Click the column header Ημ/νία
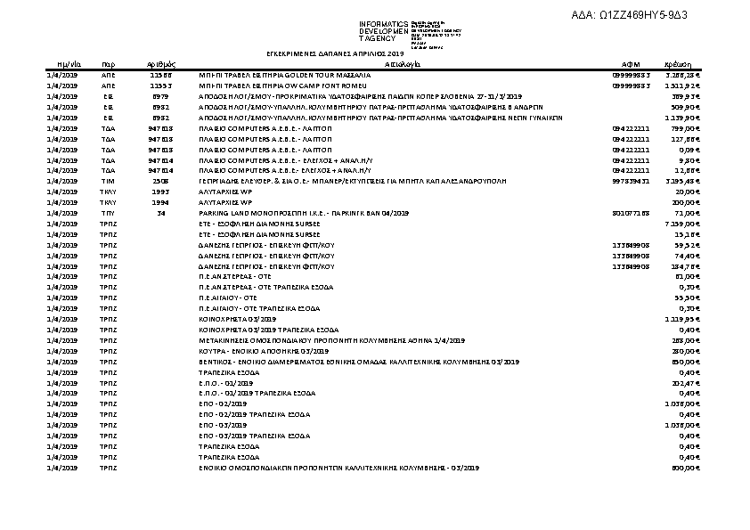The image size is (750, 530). click(x=57, y=65)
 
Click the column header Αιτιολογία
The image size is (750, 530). click(x=404, y=65)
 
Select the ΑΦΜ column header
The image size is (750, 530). click(x=631, y=65)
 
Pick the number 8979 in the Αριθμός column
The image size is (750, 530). click(x=161, y=95)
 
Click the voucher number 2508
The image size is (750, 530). click(x=161, y=181)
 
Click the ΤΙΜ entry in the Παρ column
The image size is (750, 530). click(x=109, y=181)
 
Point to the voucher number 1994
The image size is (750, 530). click(x=161, y=202)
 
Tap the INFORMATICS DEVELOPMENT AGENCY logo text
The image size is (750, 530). click(x=383, y=31)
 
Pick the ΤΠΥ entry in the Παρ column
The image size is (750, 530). click(x=109, y=214)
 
